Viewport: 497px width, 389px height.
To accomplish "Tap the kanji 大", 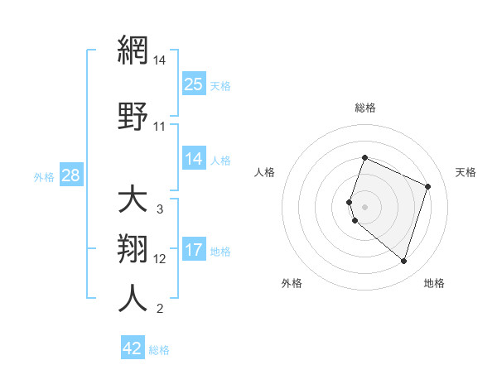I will [133, 200].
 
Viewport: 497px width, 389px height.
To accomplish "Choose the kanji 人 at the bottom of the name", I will [133, 299].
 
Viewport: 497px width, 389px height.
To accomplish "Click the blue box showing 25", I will [194, 84].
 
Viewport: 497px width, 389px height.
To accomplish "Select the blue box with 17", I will [194, 250].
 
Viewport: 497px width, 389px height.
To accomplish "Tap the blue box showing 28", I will [70, 175].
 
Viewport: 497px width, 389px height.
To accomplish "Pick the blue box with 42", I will [133, 348].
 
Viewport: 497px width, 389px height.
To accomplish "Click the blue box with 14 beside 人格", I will [194, 159].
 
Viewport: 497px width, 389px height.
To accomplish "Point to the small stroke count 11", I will [160, 127].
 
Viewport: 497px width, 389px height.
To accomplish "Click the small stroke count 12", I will [160, 259].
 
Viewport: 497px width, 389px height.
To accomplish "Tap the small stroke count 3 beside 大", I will [160, 209].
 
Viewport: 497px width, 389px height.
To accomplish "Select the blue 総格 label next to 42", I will [159, 350].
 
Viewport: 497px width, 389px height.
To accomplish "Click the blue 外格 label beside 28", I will [44, 176].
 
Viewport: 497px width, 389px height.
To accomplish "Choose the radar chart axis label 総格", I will [365, 108].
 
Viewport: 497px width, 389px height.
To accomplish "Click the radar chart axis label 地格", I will [434, 283].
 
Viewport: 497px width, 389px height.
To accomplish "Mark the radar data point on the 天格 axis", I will [428, 186].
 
